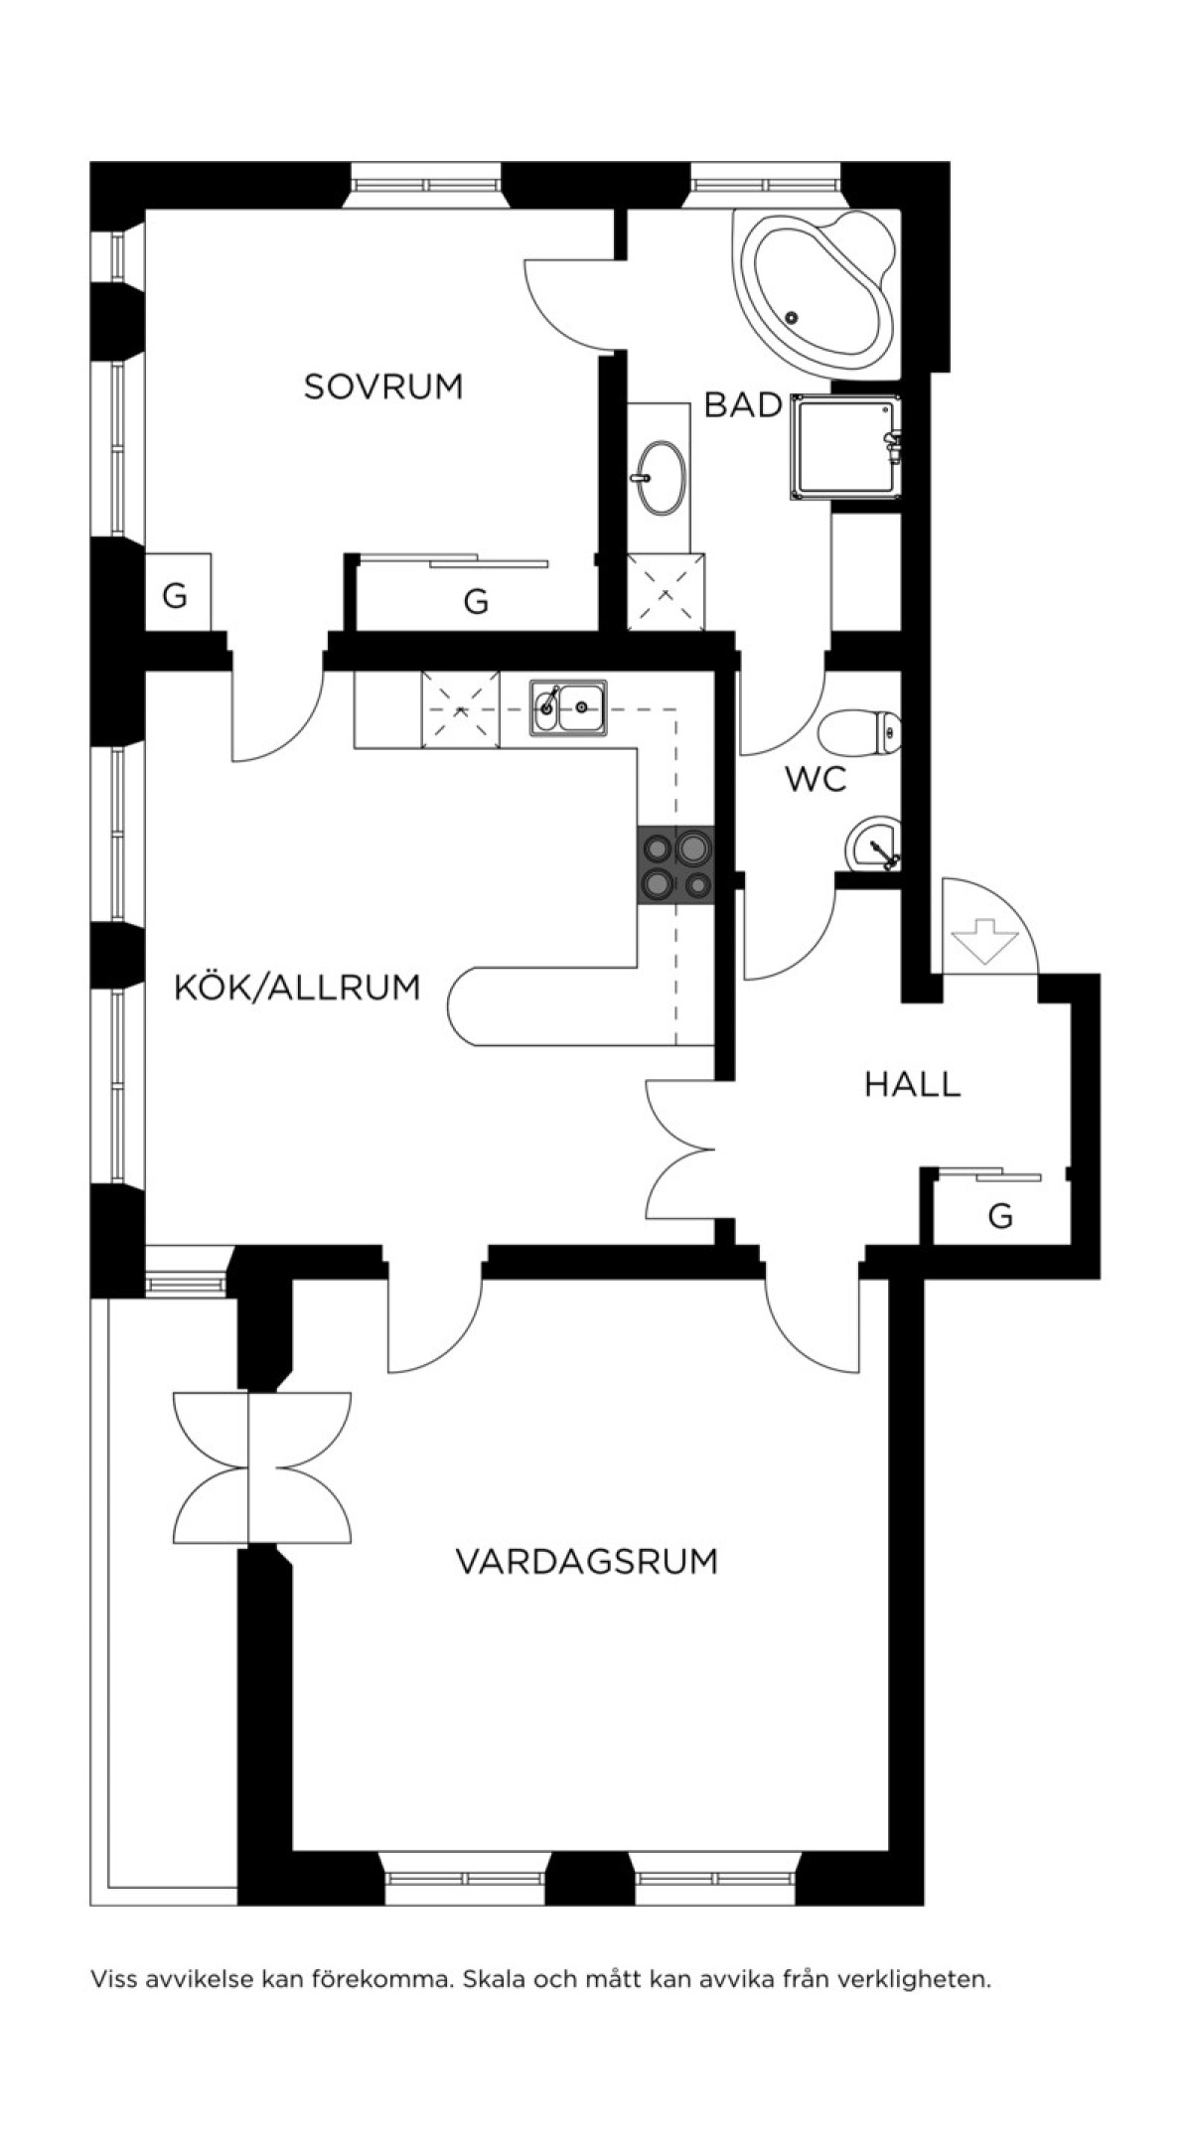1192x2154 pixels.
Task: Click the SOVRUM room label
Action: coord(383,386)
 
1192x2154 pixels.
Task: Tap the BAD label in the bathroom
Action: coord(743,405)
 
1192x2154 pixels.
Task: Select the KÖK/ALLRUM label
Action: coord(297,988)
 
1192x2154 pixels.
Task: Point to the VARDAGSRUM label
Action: coord(586,1561)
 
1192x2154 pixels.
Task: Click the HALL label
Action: coord(912,1084)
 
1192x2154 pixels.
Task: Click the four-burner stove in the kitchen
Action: coord(675,864)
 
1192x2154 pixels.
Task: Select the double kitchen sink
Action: coord(568,707)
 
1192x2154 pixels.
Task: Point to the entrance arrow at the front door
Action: coord(985,940)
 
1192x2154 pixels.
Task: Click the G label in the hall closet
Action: coord(1000,1215)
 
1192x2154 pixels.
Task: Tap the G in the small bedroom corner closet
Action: coord(175,597)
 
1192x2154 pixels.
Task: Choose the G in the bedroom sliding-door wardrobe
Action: coord(477,601)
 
